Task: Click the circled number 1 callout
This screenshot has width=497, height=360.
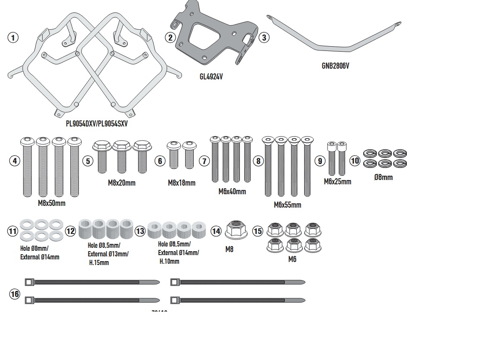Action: coord(13,38)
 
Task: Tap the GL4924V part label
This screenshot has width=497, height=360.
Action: coord(211,76)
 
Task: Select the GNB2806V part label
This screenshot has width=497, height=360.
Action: coord(335,66)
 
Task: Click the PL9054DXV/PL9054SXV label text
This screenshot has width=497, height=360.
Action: coord(97,123)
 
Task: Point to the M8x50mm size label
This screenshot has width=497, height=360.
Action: coord(52,203)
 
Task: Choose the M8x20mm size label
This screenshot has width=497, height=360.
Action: coord(122,183)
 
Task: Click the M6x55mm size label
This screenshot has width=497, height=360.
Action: coord(287,205)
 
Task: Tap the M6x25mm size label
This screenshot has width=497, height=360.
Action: coord(337,182)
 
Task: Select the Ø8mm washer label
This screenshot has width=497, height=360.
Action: coord(383,177)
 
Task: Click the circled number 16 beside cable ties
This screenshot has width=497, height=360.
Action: coord(15,294)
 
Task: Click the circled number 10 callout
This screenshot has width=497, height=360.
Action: coord(355,161)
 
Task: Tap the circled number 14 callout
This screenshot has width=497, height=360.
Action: coord(216,231)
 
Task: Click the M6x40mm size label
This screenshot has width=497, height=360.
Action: coord(232,192)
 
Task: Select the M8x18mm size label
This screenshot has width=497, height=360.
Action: coord(182,183)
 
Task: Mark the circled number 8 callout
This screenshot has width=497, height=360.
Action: coord(258,161)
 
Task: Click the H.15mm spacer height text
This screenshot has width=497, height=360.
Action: coord(99,262)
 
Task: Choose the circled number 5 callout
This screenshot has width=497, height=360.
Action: coord(88,161)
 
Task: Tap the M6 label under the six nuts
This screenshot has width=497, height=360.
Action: coord(292,259)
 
